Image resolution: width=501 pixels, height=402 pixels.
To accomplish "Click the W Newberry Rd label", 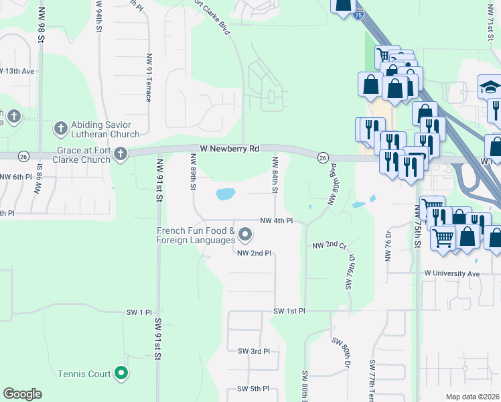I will [x=230, y=148].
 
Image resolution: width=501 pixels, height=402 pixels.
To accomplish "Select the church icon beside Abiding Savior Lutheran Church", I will [x=60, y=127].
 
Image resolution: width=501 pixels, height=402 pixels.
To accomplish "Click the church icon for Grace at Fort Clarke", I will [x=121, y=155].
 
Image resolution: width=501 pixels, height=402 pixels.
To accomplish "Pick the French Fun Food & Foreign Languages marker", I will [x=245, y=234].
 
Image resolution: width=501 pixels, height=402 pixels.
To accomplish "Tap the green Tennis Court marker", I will [x=121, y=373].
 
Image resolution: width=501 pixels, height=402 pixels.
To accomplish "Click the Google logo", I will [x=22, y=394].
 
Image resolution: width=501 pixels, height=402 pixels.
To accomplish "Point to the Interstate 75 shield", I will [x=360, y=15].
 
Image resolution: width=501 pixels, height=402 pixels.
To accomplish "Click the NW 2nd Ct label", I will [x=328, y=246].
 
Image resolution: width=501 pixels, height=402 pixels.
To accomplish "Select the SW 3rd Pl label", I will [x=253, y=351].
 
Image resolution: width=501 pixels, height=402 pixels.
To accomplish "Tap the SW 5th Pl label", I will [x=253, y=389].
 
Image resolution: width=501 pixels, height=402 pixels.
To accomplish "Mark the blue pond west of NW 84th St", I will [x=226, y=195].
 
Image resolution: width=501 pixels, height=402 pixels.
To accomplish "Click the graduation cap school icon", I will [x=490, y=87].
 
